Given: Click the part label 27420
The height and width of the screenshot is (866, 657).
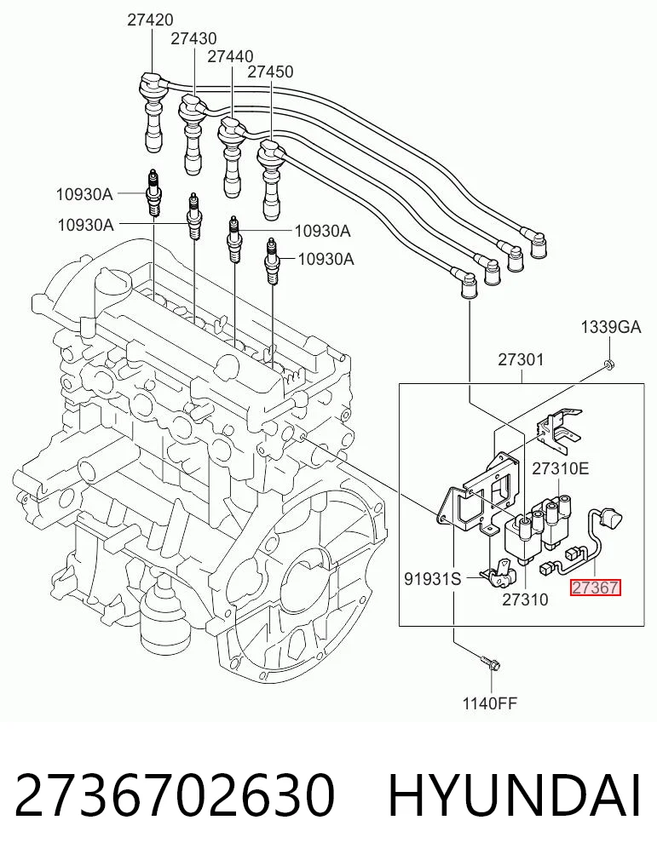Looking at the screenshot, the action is tap(150, 20).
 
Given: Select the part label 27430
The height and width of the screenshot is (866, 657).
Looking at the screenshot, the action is tap(193, 38).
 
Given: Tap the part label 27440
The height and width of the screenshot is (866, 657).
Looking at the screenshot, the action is tap(230, 56).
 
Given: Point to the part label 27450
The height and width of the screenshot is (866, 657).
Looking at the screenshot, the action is tap(270, 72).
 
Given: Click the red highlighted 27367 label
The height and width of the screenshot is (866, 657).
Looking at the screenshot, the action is tap(595, 587).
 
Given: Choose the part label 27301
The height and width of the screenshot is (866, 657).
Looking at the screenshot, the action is tap(521, 359).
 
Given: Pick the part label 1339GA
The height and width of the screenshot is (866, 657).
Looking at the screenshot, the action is tap(611, 327).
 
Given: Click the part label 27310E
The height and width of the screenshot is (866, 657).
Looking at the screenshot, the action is tap(561, 468).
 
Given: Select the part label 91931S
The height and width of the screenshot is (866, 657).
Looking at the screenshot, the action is tap(433, 578).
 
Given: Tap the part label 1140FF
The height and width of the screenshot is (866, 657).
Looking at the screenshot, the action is tap(490, 703).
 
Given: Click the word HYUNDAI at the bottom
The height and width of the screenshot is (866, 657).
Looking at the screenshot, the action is tap(515, 795).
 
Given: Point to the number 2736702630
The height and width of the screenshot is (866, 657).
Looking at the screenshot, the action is tap(175, 795).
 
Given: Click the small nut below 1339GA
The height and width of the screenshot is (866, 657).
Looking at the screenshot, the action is tap(609, 364).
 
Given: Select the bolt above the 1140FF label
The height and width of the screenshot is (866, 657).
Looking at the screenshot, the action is tap(491, 661).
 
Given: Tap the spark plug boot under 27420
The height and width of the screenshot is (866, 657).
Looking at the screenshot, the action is tap(153, 111).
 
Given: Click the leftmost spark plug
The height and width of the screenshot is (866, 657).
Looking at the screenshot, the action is tap(153, 194).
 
